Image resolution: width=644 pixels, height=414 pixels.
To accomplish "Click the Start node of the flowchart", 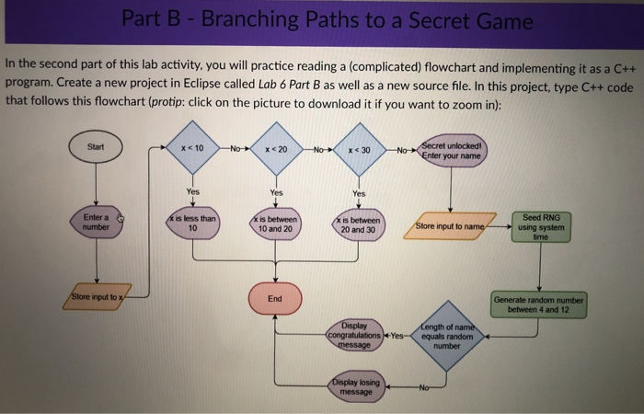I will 97,147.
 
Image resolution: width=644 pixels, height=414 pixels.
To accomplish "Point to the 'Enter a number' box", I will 97,222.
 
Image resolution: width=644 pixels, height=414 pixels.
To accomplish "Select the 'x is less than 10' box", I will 192,223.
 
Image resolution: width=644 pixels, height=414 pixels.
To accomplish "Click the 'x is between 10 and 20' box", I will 275,224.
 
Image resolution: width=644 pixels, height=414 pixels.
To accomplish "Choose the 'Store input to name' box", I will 450,225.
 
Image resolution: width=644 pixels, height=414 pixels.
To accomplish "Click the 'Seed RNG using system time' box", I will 541,225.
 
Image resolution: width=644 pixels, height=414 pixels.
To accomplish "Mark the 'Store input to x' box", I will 97,297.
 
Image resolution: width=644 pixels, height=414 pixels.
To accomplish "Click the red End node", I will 275,298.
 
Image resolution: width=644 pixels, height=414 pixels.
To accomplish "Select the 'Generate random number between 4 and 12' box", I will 541,304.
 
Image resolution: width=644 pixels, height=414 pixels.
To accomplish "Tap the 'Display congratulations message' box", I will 355,336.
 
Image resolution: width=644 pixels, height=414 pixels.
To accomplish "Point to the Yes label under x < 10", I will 192,191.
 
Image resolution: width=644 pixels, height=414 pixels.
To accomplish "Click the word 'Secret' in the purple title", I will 427,20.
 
